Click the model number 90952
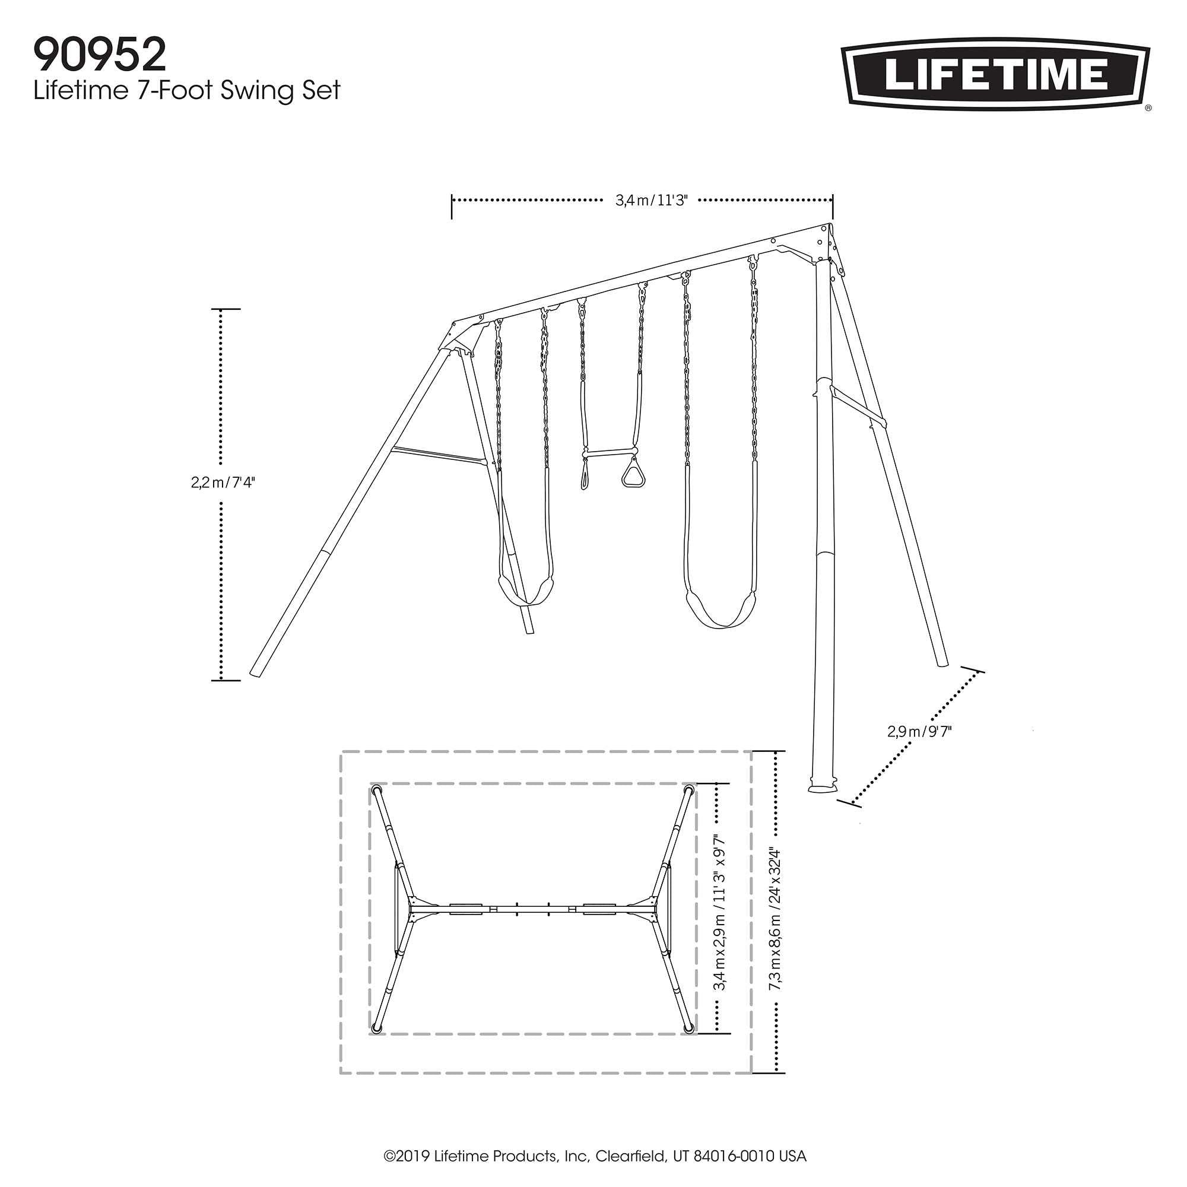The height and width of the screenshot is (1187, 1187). [100, 56]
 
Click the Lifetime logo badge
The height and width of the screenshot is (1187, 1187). [995, 77]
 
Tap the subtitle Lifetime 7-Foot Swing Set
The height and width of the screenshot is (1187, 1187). [187, 91]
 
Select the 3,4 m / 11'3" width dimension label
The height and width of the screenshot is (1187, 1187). [650, 200]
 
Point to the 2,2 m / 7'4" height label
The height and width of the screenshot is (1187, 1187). [223, 483]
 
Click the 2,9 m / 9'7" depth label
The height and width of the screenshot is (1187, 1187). [919, 731]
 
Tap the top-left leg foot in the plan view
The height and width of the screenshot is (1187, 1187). [377, 790]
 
